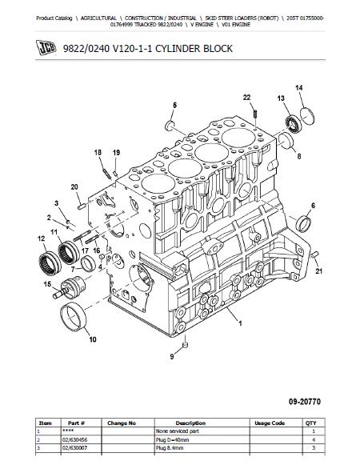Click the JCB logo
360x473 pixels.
(46, 48)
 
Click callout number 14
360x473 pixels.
(298, 88)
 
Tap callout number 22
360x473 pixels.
(246, 98)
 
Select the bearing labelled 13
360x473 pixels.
(294, 124)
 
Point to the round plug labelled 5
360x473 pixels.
(170, 126)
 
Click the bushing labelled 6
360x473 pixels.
(304, 223)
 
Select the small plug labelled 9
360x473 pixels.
(186, 345)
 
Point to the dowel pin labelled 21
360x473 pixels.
(315, 254)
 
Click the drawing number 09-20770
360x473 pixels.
(305, 402)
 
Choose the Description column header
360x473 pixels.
(190, 423)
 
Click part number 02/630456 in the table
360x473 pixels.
(74, 439)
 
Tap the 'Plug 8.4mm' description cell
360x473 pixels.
(170, 448)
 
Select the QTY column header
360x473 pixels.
(311, 423)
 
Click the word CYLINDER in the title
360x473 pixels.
(178, 49)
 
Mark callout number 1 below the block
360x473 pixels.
(240, 323)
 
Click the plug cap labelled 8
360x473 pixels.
(286, 141)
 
